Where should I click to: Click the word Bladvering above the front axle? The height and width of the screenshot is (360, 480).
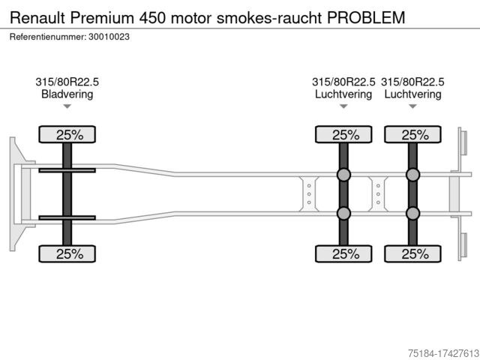[x=67, y=94]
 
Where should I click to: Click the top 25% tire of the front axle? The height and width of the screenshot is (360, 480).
[x=68, y=135]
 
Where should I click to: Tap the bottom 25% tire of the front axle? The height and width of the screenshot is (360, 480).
[x=68, y=253]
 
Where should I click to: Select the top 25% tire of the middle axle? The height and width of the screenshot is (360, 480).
[x=344, y=135]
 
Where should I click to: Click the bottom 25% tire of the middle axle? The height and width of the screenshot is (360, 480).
[x=344, y=253]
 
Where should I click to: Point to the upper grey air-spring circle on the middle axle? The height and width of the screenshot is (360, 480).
[x=344, y=175]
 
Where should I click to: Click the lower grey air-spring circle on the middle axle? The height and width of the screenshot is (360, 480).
[x=344, y=213]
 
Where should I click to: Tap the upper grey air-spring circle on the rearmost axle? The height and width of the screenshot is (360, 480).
[x=412, y=175]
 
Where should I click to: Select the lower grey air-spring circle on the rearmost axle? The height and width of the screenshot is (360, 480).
[x=412, y=213]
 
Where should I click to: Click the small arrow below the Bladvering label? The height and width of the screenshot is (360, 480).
[x=67, y=106]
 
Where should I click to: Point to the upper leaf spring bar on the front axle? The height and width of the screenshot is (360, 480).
[x=67, y=171]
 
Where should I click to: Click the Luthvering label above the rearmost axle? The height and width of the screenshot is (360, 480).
[x=412, y=94]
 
